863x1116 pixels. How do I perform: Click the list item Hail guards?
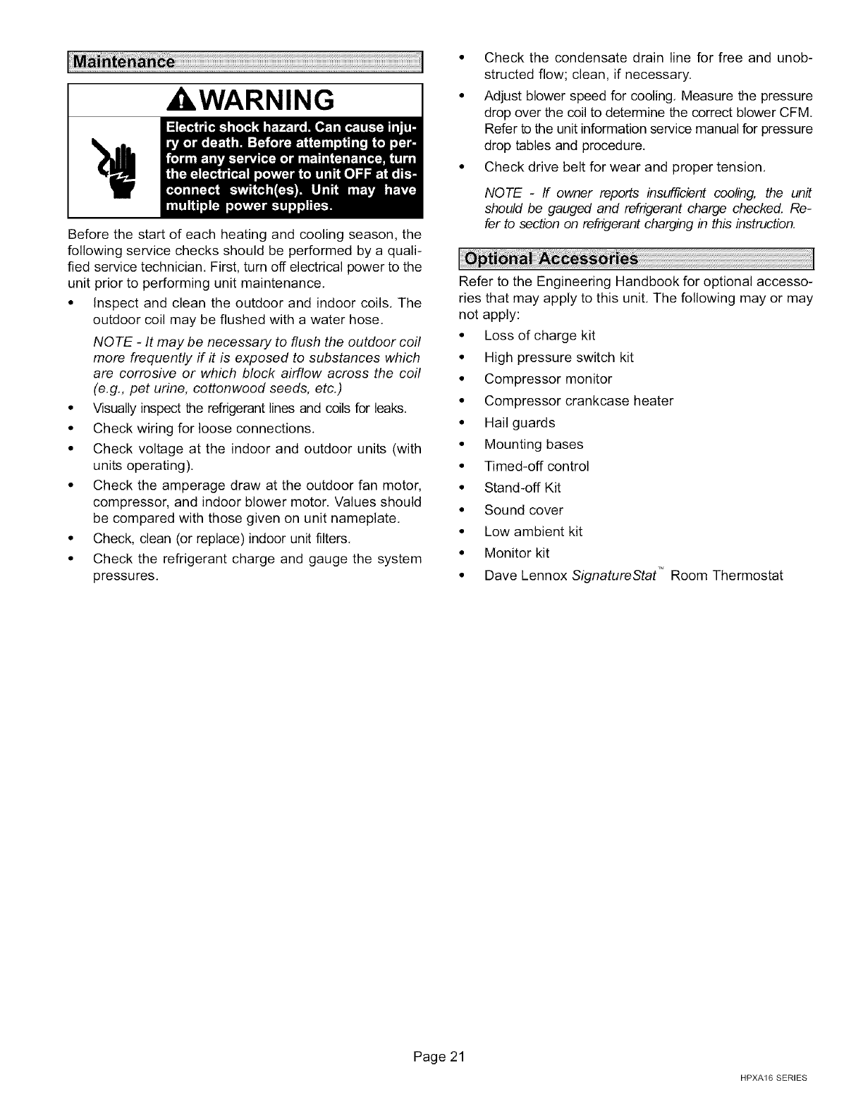pyautogui.click(x=520, y=423)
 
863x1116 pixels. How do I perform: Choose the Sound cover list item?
pyautogui.click(x=524, y=510)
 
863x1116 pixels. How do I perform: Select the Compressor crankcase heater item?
pyautogui.click(x=579, y=401)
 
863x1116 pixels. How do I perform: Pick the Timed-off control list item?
pyautogui.click(x=537, y=466)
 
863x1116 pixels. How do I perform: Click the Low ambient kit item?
pyautogui.click(x=533, y=532)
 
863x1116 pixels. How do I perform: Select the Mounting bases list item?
pyautogui.click(x=534, y=445)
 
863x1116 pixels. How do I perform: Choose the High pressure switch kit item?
pyautogui.click(x=559, y=357)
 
